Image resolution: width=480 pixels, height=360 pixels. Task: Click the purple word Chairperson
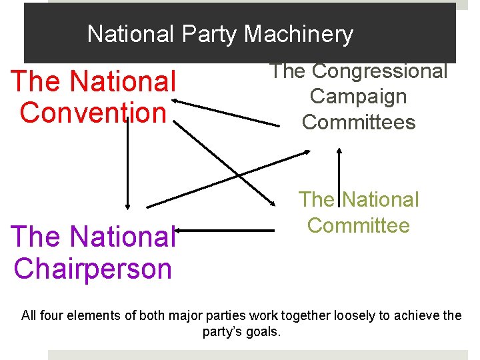93,268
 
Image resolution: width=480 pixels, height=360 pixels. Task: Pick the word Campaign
358,97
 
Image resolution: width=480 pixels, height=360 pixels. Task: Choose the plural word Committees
359,122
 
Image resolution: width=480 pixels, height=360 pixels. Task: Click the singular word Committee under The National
359,225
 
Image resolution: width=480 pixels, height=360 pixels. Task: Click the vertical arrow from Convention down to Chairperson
127,167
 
